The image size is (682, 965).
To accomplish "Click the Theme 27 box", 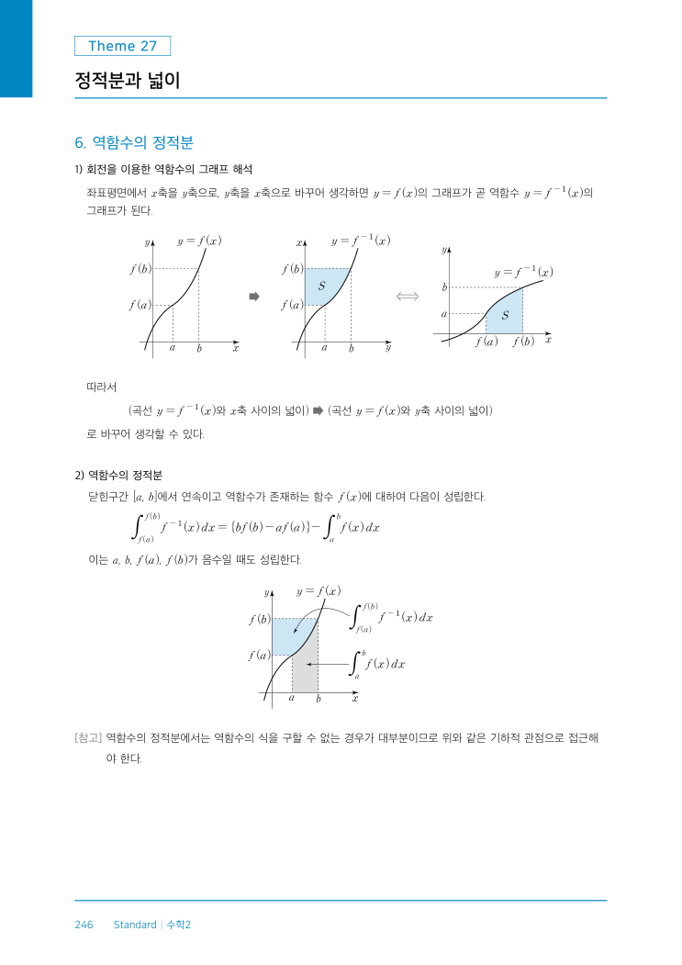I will tap(122, 46).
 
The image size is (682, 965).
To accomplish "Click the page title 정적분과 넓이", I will tap(127, 81).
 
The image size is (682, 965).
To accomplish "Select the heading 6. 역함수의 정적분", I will tap(133, 142).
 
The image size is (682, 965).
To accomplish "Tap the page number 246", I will tap(84, 925).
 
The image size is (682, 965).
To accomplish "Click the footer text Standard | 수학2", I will tap(152, 925).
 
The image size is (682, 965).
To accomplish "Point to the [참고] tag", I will tap(88, 736).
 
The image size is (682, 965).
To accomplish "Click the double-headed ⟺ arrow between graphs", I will tap(407, 296).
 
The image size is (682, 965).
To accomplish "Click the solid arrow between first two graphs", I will tap(255, 296).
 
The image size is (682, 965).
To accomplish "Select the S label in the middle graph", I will tap(321, 286).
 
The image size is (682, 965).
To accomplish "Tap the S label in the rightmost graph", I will tap(505, 316).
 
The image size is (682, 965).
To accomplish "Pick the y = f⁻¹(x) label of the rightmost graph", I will tap(523, 272).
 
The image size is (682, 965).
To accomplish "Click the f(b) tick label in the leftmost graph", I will tap(140, 269).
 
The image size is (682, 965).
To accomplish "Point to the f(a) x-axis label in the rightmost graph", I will tap(486, 342).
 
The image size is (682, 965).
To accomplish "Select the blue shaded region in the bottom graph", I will tap(289, 634).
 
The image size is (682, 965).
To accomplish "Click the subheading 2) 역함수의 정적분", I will tap(118, 475).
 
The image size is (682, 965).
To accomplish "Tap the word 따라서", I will tap(101, 387).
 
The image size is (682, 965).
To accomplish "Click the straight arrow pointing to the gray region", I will tap(325, 663).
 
